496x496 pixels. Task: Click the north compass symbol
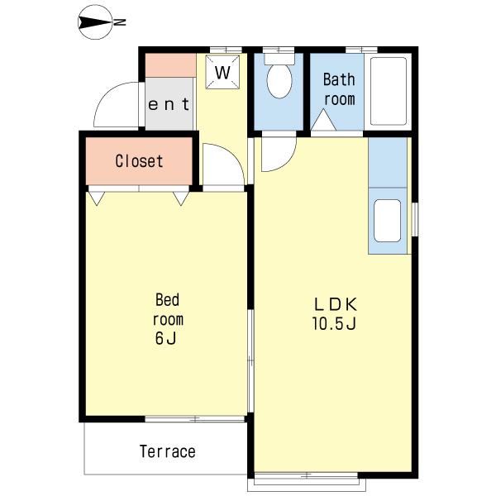click(95, 22)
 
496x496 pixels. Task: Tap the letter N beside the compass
click(120, 22)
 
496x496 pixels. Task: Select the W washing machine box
click(222, 72)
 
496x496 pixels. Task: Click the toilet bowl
click(279, 80)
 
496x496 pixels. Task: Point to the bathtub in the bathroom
click(389, 91)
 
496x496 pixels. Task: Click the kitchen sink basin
click(388, 221)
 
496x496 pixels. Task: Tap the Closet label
click(139, 161)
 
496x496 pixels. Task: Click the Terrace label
click(167, 451)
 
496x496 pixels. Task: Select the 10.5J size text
click(335, 323)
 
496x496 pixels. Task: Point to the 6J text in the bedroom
click(165, 338)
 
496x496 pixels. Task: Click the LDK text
click(336, 304)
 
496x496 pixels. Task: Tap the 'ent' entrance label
click(169, 104)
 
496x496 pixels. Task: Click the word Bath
click(339, 79)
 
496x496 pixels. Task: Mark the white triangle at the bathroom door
click(323, 120)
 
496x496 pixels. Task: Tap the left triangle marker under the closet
click(97, 198)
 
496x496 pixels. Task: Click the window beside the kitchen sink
click(414, 219)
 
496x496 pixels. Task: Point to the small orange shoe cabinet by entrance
click(170, 65)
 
